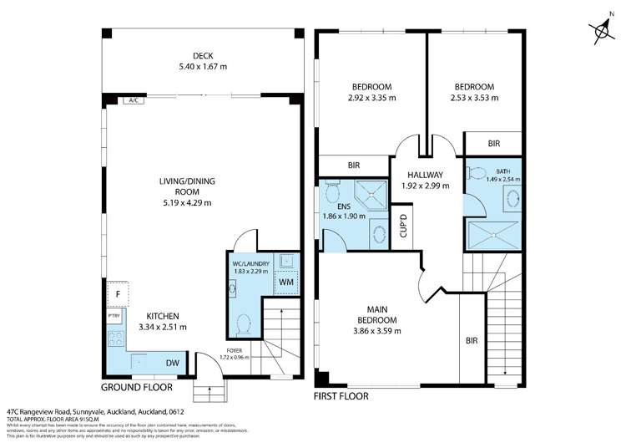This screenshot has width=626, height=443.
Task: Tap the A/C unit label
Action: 132,101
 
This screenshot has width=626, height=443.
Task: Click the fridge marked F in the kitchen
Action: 118,294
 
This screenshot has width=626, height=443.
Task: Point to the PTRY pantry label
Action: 114,316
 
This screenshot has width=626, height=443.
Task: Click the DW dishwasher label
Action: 172,363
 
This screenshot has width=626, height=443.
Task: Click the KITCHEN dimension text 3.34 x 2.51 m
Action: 164,327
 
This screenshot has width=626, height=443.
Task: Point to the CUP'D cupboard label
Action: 404,224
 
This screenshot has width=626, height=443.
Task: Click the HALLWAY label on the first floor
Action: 425,174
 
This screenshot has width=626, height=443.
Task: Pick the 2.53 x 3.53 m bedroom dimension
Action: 473,98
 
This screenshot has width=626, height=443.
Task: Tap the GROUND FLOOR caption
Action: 137,387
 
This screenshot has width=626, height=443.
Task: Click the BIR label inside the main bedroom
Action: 473,341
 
